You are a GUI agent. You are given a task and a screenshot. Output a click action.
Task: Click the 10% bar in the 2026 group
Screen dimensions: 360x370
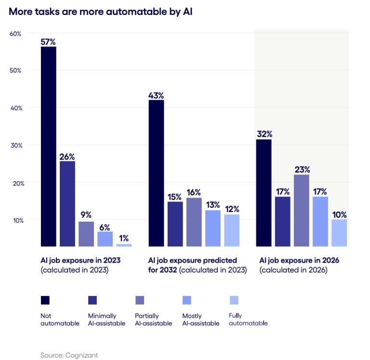(339, 233)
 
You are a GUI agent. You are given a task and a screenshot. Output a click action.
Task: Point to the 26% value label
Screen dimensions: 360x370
(67, 157)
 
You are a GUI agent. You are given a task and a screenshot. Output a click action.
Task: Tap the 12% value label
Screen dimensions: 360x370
(231, 210)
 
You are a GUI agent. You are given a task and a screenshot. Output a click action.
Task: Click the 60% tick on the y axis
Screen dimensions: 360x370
(15, 33)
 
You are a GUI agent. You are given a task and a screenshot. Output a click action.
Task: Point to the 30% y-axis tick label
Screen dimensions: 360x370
(15, 145)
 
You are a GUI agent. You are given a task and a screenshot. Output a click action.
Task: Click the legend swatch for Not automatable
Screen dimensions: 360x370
(45, 300)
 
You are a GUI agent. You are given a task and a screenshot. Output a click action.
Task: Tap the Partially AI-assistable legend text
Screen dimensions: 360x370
(153, 320)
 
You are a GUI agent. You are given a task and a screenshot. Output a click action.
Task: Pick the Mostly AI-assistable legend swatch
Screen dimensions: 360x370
(186, 300)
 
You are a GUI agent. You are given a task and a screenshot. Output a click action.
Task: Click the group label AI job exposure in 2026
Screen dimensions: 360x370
(299, 260)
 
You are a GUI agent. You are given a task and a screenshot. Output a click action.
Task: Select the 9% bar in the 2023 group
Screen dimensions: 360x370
(86, 234)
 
